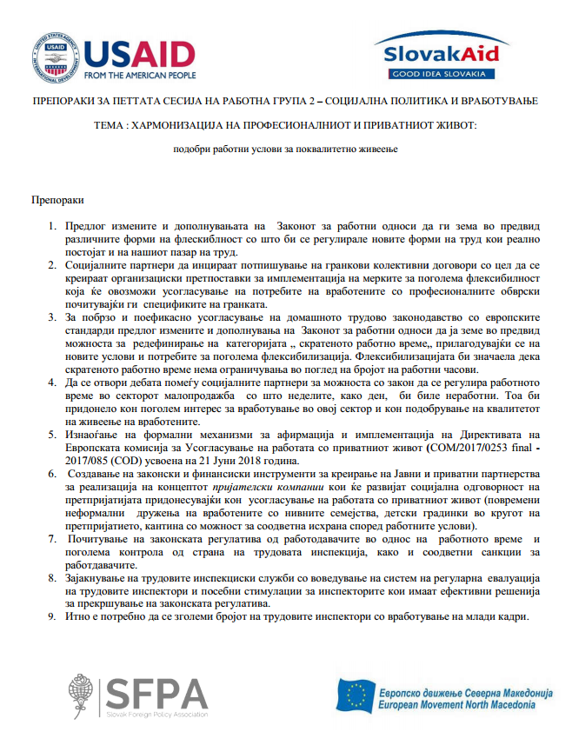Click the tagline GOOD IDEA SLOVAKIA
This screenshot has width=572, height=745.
(442, 75)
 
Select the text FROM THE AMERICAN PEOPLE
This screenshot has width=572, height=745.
(139, 75)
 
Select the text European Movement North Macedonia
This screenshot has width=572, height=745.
(465, 703)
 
